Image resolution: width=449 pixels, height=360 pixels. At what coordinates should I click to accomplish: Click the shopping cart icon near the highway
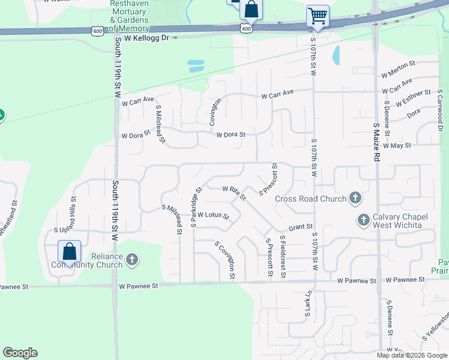[317, 16]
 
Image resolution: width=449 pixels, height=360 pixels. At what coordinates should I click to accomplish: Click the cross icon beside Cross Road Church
[355, 198]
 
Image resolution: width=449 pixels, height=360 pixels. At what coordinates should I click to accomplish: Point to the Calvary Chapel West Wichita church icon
[363, 220]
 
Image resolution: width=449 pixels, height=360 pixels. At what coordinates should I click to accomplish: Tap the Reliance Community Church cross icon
[131, 260]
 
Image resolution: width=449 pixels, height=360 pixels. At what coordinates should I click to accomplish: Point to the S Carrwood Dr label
[439, 112]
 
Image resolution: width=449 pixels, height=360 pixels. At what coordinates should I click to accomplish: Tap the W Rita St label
[234, 192]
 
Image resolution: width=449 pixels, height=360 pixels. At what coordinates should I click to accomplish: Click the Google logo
[20, 353]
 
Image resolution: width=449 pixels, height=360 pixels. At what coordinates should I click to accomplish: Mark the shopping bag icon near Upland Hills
[70, 251]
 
